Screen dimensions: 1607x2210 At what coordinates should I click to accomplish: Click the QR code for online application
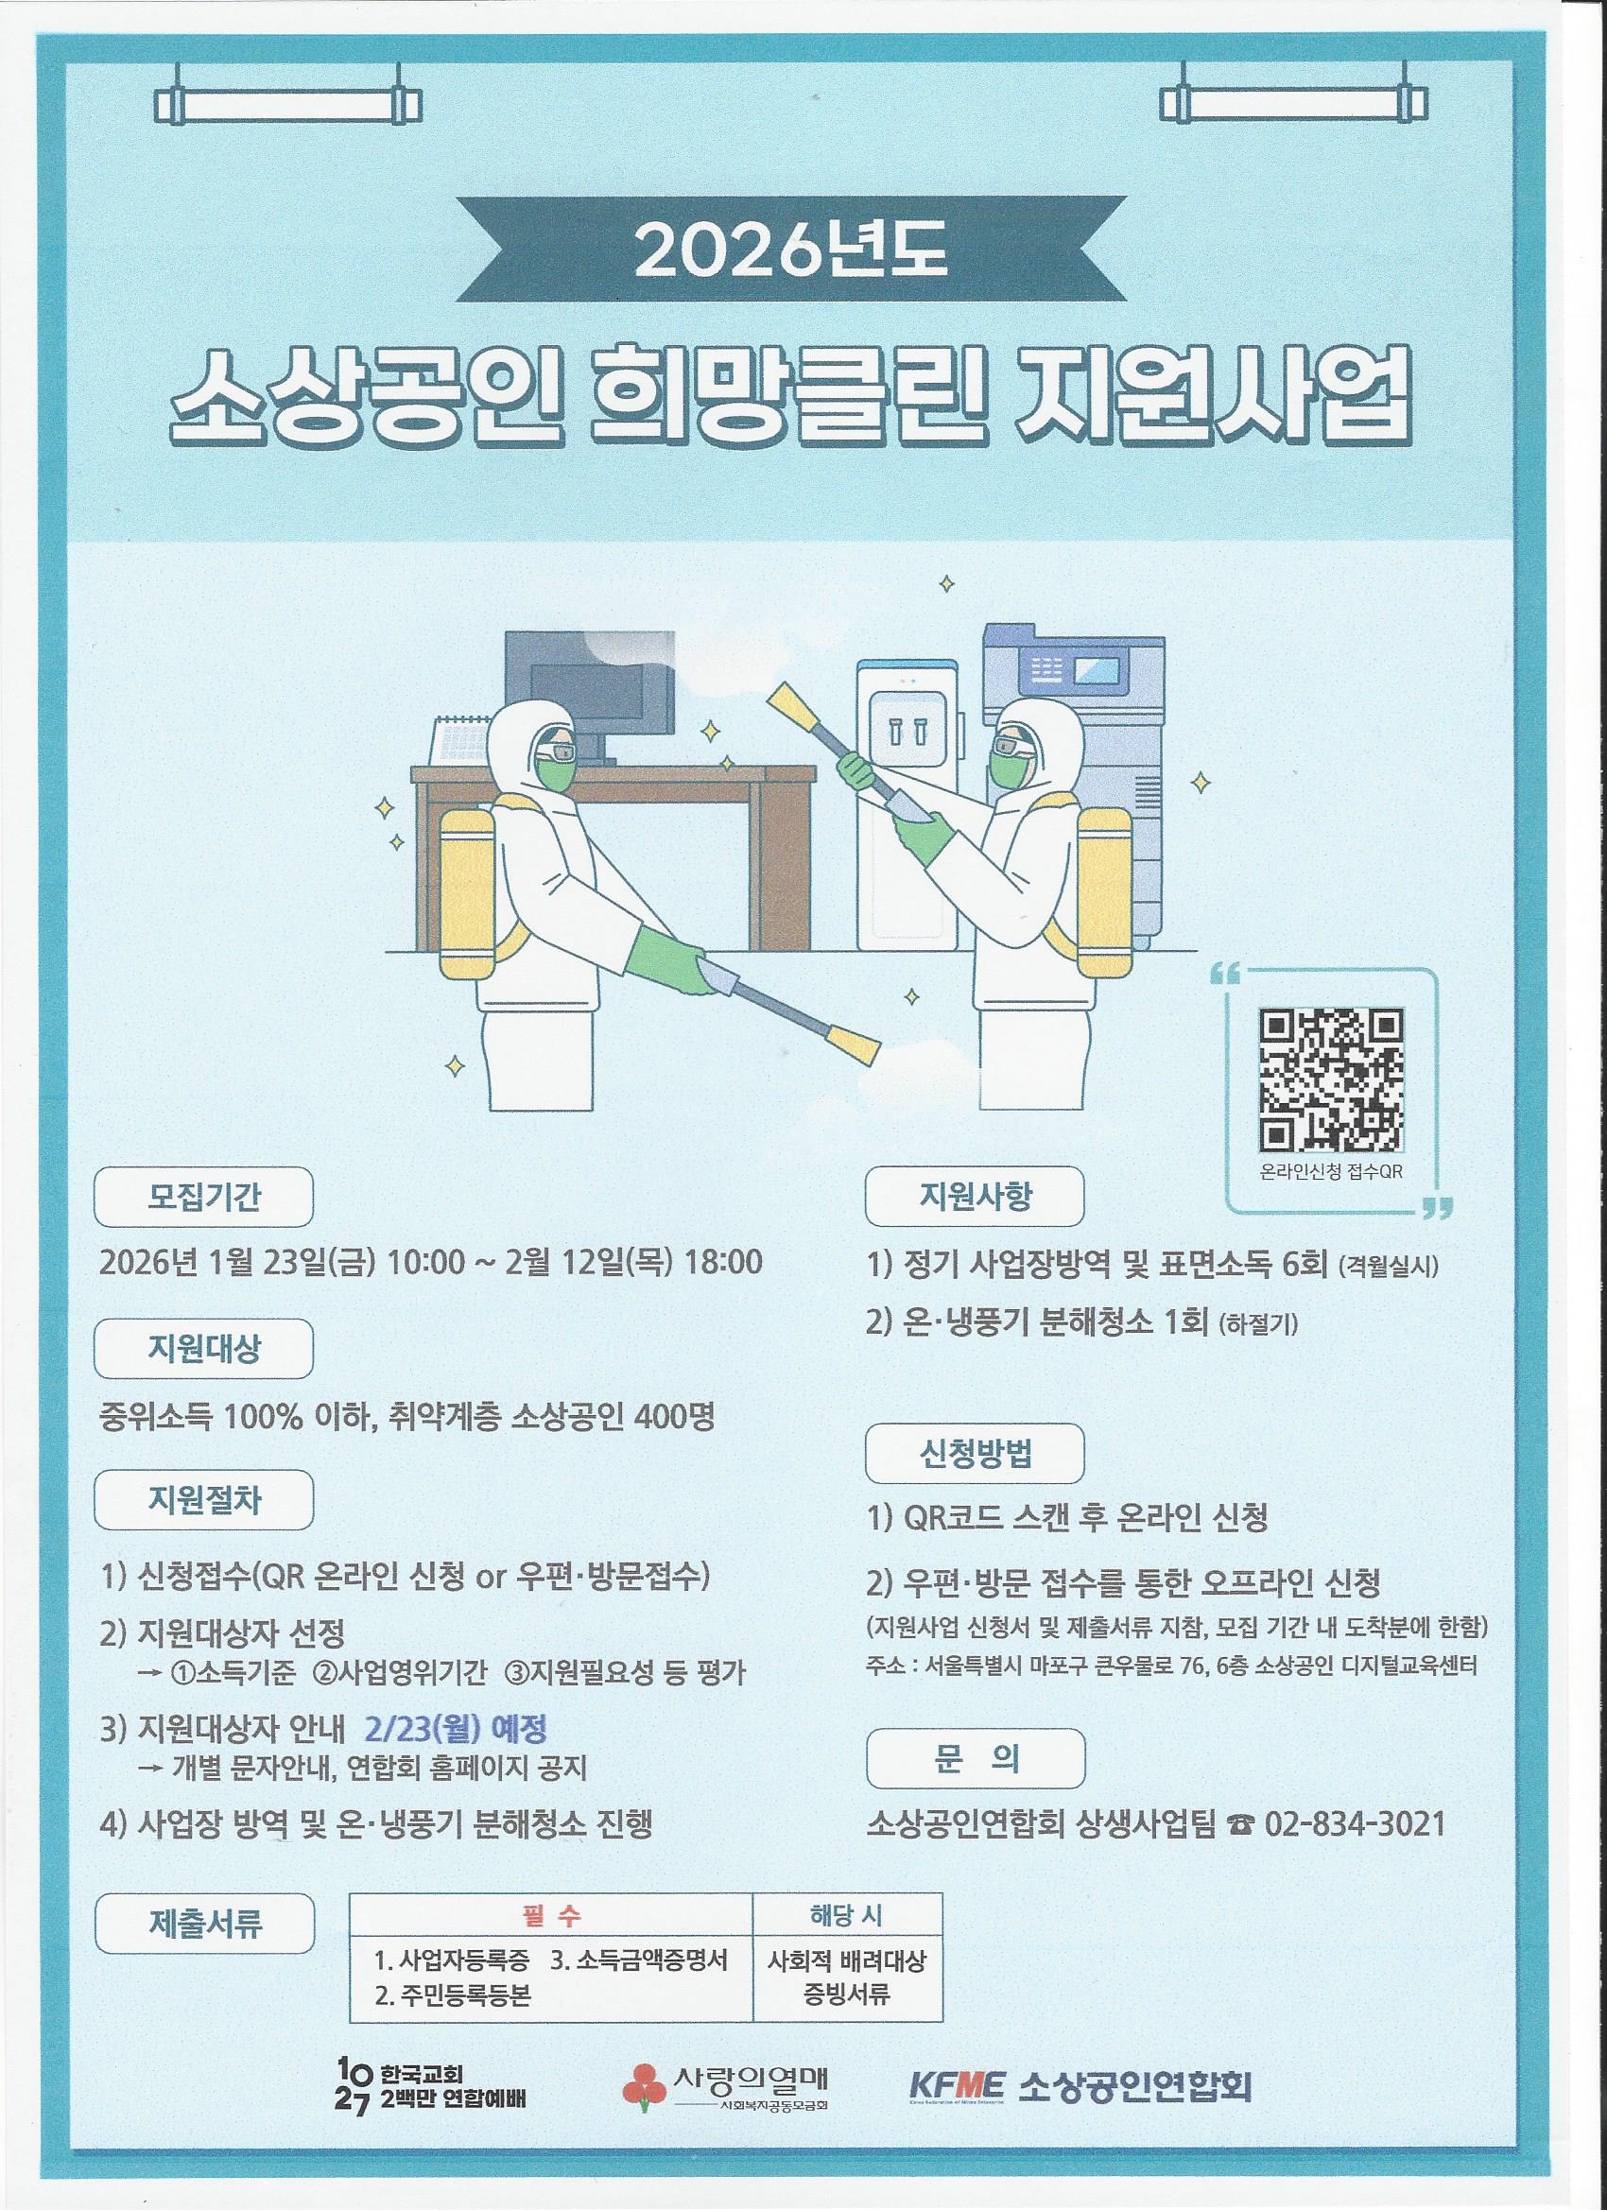point(1332,1080)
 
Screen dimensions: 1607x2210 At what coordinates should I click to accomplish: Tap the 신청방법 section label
point(976,1453)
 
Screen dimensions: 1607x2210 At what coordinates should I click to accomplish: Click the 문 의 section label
point(976,1757)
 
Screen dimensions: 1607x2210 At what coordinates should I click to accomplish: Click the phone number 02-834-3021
point(1355,1824)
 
